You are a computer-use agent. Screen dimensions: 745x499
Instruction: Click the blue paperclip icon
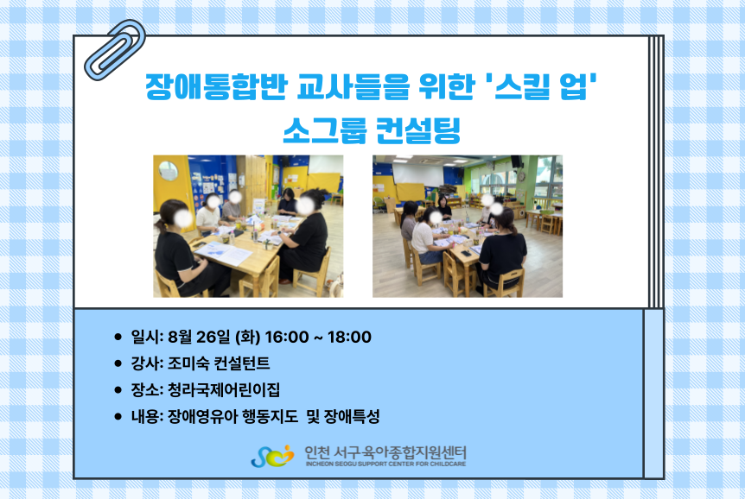coord(114,50)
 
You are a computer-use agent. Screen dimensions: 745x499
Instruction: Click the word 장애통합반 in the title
coord(216,86)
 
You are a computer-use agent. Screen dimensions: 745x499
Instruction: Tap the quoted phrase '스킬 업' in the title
coord(542,86)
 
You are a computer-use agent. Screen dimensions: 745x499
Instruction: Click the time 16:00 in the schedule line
coord(286,337)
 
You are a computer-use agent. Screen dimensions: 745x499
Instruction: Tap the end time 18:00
coord(350,337)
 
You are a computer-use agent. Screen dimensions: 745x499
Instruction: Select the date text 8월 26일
coord(199,337)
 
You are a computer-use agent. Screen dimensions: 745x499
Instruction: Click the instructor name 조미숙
coord(188,363)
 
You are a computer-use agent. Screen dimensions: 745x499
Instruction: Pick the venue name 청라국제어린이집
coord(224,390)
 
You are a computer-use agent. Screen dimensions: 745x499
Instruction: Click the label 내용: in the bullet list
coord(147,416)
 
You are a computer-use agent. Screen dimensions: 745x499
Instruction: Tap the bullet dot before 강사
coord(118,363)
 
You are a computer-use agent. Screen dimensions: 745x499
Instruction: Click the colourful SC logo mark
coord(272,457)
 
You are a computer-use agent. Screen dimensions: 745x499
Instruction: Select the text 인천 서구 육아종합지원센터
coord(385,452)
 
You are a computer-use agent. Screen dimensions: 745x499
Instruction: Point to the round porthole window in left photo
coord(168,171)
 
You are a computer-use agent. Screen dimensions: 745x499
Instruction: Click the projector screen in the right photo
coord(417,174)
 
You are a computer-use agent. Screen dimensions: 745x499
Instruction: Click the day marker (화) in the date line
coord(247,337)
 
